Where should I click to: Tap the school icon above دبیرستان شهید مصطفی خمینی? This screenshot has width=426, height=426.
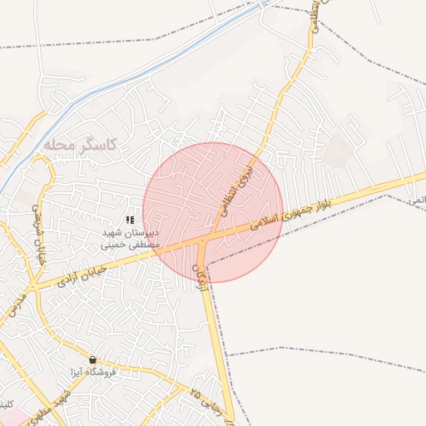130,219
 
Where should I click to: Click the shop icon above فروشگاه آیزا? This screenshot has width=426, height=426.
92,359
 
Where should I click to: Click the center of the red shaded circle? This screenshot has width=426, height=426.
213,212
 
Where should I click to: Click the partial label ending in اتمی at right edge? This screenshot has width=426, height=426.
416,201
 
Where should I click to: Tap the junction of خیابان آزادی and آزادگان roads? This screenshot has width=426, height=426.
203,241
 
